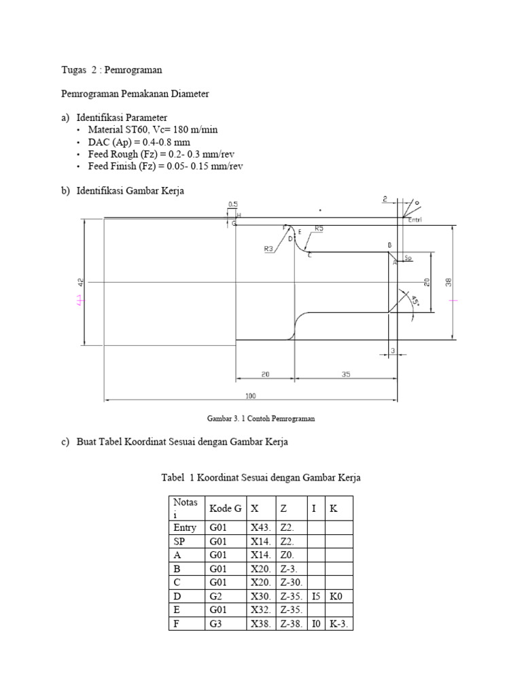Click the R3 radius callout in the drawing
point(268,249)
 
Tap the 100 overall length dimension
point(251,396)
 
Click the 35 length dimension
point(346,374)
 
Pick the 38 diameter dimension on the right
point(449,281)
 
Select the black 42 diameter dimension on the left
point(80,281)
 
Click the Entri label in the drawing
point(415,220)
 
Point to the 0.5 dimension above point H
point(232,204)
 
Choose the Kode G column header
point(225,508)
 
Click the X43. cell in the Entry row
point(260,527)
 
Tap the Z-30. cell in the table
point(290,582)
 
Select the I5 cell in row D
point(316,595)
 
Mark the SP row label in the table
point(180,541)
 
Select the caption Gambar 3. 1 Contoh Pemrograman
point(256,419)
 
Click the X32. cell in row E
point(260,609)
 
